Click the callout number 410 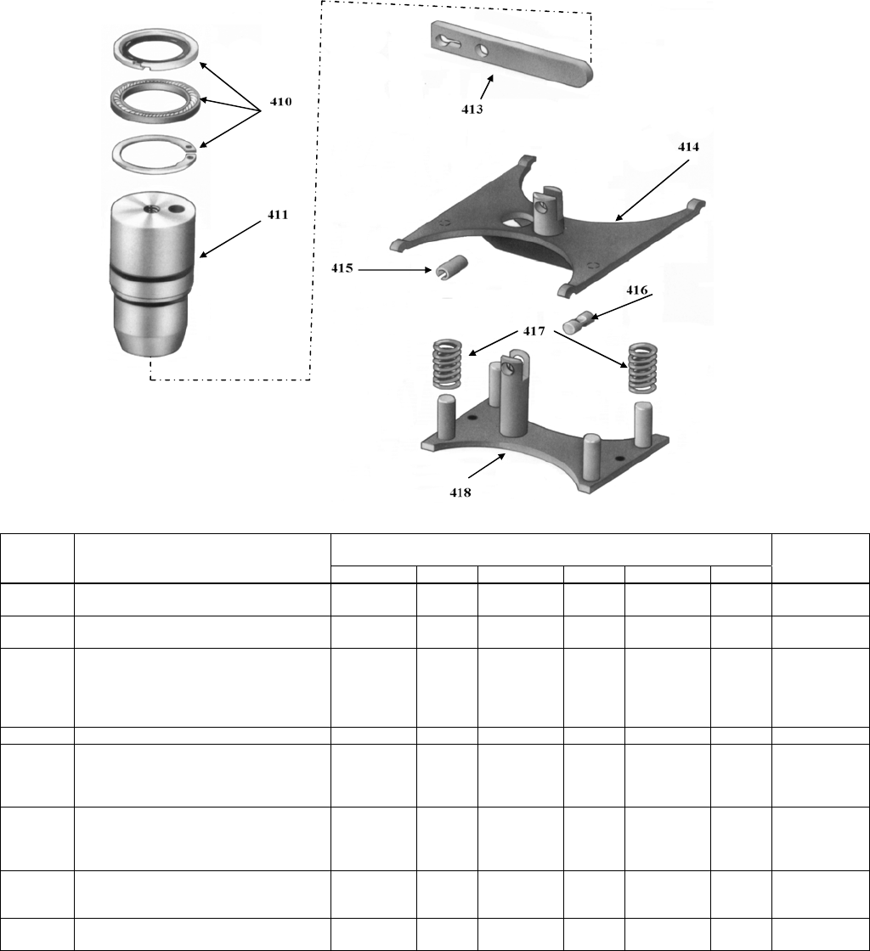pyautogui.click(x=280, y=101)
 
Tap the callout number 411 pyautogui.click(x=278, y=215)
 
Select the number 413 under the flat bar pyautogui.click(x=472, y=110)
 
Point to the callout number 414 pyautogui.click(x=688, y=147)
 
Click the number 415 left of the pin pyautogui.click(x=342, y=268)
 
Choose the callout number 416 pyautogui.click(x=637, y=290)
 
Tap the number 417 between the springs pyautogui.click(x=534, y=331)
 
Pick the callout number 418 pyautogui.click(x=460, y=492)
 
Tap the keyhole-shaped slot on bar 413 pyautogui.click(x=449, y=42)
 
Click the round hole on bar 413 pyautogui.click(x=482, y=51)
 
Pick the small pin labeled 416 pyautogui.click(x=579, y=321)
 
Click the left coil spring pyautogui.click(x=447, y=364)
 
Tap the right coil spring pyautogui.click(x=643, y=369)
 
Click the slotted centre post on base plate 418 pyautogui.click(x=516, y=394)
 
